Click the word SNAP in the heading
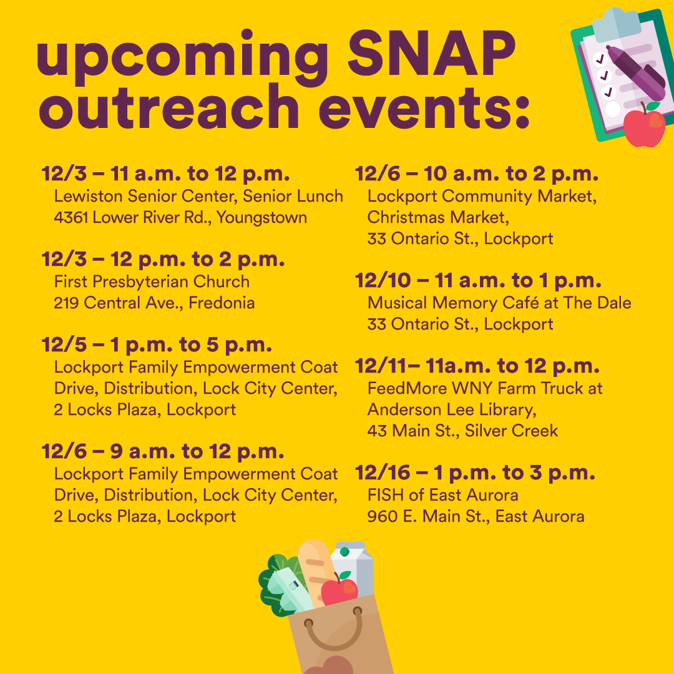click(431, 54)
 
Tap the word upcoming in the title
click(182, 58)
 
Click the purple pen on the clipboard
click(636, 72)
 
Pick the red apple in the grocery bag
click(339, 589)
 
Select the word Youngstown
click(261, 218)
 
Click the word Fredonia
click(222, 303)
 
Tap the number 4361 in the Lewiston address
click(71, 218)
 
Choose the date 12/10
click(383, 281)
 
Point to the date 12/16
click(382, 473)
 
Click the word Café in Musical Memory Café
click(520, 303)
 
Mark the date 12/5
click(64, 344)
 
